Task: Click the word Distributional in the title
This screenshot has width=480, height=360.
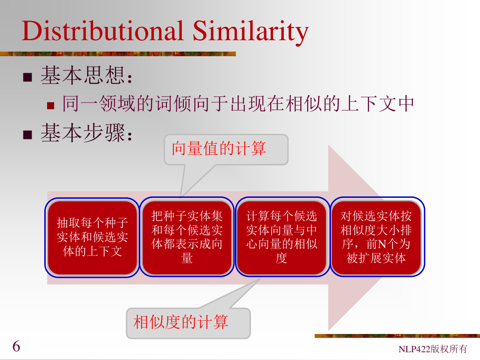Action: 102,31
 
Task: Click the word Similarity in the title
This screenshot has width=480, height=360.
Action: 251,32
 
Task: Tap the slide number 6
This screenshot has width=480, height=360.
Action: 16,346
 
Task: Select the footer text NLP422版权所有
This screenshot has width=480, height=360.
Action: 432,349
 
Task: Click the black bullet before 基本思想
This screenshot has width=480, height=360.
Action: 27,77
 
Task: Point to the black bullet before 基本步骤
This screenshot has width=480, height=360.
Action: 27,135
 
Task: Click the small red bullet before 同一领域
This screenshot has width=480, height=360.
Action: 50,106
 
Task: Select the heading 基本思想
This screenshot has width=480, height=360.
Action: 87,75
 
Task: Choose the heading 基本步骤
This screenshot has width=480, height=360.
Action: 87,133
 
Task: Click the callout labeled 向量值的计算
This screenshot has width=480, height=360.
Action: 226,149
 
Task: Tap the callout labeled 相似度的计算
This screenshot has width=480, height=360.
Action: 188,323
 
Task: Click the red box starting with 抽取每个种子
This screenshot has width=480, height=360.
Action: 92,238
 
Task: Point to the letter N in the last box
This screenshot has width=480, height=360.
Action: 382,244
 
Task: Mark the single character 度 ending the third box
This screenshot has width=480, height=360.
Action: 281,258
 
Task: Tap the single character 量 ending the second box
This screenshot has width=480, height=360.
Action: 187,258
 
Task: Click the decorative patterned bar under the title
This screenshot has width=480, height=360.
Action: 118,54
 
